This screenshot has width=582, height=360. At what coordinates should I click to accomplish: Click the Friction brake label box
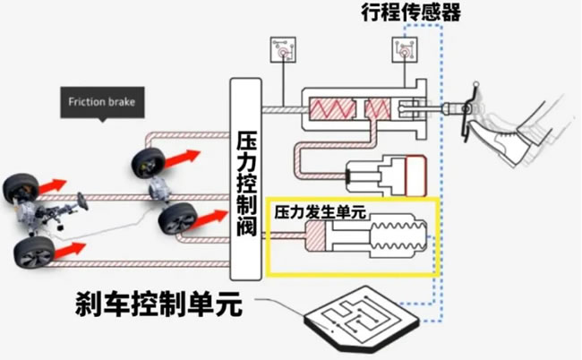click(x=102, y=102)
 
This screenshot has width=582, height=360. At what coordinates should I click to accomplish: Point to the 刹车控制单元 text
click(x=158, y=307)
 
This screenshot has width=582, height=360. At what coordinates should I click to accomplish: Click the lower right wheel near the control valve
click(x=176, y=219)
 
